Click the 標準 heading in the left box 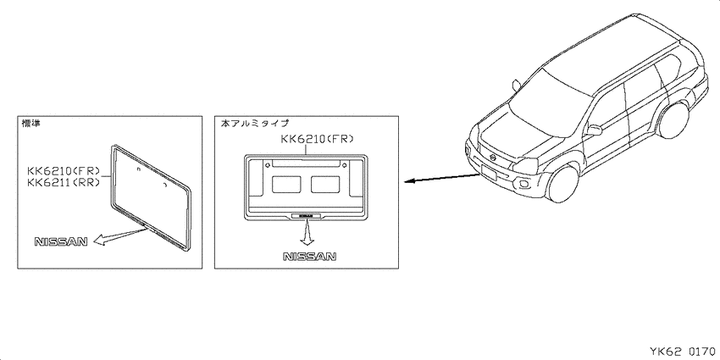click(31, 123)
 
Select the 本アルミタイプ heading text click(255, 123)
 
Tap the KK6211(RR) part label click(64, 182)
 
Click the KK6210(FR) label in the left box click(64, 171)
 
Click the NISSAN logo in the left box click(61, 241)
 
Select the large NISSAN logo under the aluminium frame click(309, 256)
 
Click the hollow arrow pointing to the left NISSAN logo click(120, 234)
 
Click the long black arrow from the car click(442, 178)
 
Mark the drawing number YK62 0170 click(682, 352)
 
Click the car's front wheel click(563, 183)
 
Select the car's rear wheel click(673, 119)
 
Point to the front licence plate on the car click(489, 172)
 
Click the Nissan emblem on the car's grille click(493, 157)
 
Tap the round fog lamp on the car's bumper click(524, 185)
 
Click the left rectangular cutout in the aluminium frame click(286, 184)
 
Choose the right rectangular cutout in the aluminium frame click(325, 184)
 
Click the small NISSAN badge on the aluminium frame click(307, 214)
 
